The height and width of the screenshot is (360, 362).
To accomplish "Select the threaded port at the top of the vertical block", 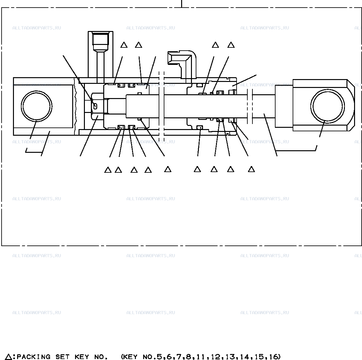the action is tap(100, 39).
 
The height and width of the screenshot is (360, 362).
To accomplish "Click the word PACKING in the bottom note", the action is tap(34, 357).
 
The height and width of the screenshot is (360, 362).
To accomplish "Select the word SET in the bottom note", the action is tap(62, 357).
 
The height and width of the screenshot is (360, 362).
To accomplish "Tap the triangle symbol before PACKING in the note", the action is tap(9, 357).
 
